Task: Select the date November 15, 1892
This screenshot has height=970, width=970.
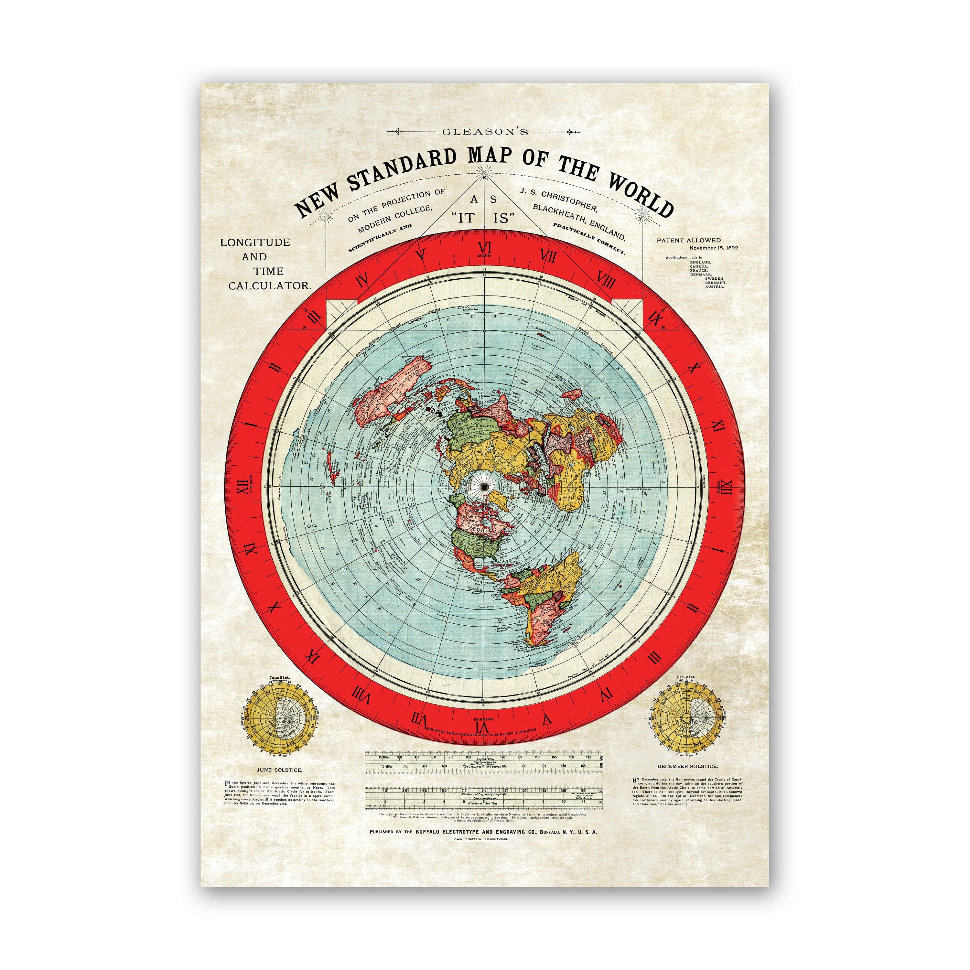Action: point(714,248)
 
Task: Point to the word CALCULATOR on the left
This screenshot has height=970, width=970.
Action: point(270,286)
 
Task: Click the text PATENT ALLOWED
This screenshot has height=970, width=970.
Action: point(688,241)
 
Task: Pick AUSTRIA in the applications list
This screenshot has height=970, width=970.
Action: point(715,287)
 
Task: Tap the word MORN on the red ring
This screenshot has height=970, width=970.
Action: point(484,256)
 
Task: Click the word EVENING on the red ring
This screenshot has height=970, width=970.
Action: point(484,719)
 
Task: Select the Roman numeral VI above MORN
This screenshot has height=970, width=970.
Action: point(484,248)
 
